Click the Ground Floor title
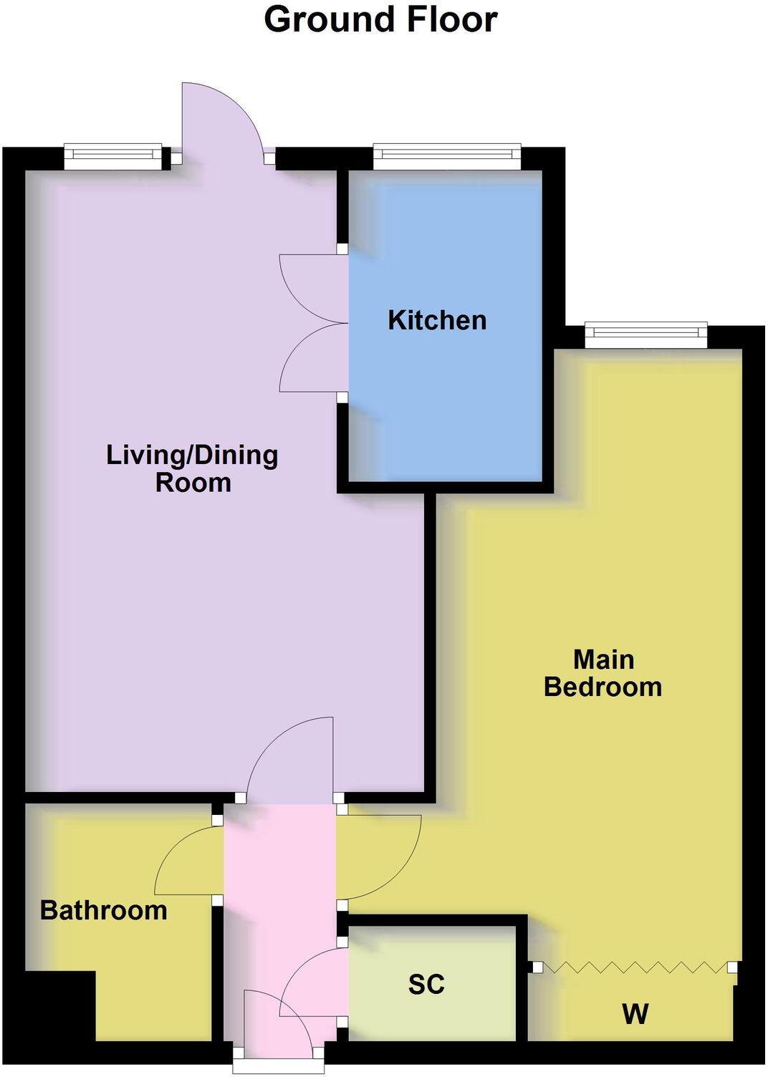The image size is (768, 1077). point(380,20)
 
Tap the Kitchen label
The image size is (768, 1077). point(437,320)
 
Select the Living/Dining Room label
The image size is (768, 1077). point(192,468)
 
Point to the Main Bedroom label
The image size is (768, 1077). point(603,673)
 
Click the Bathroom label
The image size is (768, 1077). point(104,910)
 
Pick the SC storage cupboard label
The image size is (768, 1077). point(426,985)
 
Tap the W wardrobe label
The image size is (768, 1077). point(635,1014)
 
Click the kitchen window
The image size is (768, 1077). point(446,155)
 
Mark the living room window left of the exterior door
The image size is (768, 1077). point(113,155)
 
